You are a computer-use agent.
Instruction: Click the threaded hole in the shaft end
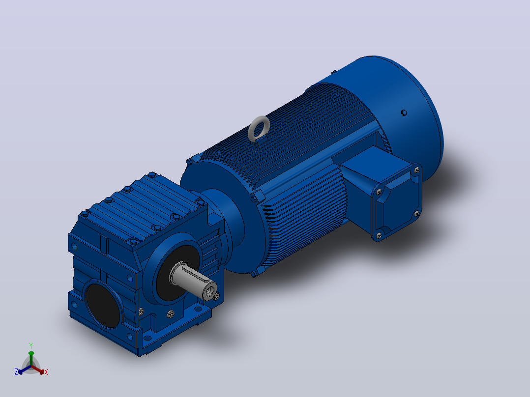210,289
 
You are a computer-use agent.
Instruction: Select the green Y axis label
31,346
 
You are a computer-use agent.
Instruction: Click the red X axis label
46,372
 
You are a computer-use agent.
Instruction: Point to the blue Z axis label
16,372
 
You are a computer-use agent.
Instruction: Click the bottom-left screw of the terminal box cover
378,235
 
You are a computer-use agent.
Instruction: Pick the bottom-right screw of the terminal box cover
417,214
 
